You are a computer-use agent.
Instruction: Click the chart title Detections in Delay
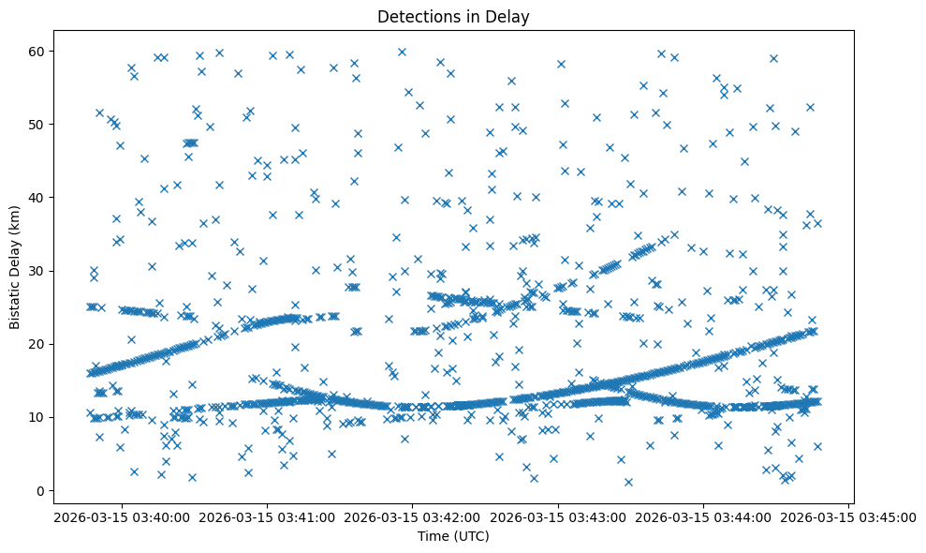click(453, 17)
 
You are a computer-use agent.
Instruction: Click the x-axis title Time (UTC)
click(453, 536)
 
